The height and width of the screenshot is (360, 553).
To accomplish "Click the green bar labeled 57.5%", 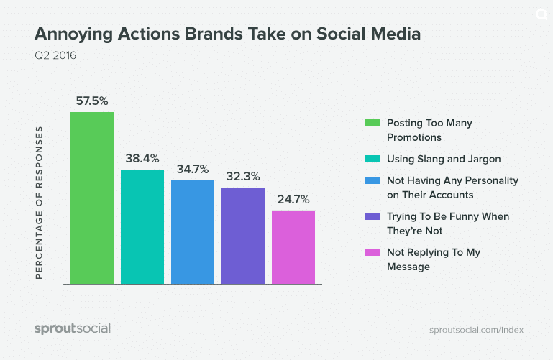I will [x=91, y=198].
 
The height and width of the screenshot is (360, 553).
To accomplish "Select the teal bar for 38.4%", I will [x=142, y=226].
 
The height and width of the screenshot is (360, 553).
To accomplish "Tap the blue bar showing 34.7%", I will [x=192, y=231].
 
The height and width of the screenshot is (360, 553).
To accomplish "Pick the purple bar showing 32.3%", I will [x=242, y=235].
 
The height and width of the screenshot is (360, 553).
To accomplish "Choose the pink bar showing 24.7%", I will [x=293, y=246].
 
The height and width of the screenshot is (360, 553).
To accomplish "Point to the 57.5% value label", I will [x=91, y=101].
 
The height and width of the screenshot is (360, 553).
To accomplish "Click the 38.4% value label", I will [x=142, y=159].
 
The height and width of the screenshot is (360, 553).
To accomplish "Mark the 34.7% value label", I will [x=192, y=170].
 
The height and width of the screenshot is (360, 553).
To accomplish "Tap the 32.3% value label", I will [x=242, y=177].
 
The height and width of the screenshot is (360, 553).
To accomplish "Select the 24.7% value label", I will [x=293, y=200].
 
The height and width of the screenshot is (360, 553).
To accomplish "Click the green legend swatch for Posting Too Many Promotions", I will [x=372, y=123].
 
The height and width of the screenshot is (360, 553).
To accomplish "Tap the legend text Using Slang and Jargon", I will [x=443, y=159].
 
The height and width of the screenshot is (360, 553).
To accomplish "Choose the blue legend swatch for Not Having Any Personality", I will [x=372, y=180].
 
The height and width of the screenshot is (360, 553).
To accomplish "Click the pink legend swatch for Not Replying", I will [x=372, y=252].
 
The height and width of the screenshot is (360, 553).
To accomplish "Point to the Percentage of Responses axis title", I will [x=40, y=203].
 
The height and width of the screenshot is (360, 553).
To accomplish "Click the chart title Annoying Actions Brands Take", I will [x=227, y=34].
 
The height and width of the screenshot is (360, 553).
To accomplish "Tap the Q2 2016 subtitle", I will [x=55, y=55].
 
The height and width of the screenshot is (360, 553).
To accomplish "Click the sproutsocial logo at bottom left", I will [x=73, y=328].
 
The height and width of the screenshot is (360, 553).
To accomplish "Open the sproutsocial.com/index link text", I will [x=476, y=330].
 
